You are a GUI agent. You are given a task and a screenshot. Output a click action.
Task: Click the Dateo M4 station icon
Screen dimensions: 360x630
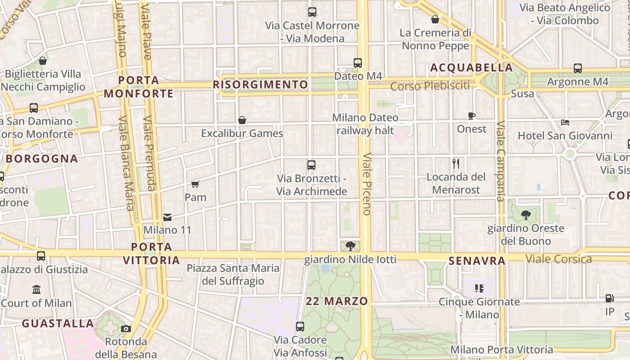pos(358,63)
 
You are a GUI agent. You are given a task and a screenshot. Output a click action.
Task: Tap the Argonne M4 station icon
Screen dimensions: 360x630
pos(578,68)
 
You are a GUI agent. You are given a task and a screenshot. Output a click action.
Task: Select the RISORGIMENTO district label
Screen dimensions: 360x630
pos(261,85)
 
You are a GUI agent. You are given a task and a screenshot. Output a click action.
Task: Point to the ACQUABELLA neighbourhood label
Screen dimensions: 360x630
pos(472,68)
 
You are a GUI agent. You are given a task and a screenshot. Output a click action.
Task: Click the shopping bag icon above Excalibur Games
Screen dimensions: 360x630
pos(242,120)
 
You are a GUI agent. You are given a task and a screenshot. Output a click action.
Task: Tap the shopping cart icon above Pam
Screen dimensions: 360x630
pos(195,184)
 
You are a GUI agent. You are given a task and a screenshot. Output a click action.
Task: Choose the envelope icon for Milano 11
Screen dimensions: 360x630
pos(167,217)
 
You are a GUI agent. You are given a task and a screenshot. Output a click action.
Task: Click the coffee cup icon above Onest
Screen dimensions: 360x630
pos(472,116)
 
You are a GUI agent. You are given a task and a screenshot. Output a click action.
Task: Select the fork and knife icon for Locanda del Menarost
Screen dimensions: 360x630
pos(456,164)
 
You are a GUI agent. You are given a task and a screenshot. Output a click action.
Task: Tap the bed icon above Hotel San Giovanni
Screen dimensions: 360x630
pos(565,122)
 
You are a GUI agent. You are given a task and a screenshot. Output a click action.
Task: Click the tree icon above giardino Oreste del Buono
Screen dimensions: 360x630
pos(526,215)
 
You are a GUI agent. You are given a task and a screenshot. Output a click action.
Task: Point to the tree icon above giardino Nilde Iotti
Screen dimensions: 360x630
pos(351,246)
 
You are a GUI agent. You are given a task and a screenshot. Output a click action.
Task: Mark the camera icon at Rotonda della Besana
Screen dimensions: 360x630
pos(126,328)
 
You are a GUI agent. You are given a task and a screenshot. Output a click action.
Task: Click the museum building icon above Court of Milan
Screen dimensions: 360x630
pos(36,289)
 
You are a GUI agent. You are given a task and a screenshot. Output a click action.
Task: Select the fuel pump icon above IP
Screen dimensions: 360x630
pos(609,298)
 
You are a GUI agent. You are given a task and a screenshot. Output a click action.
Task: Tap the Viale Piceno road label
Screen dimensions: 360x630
pos(367,184)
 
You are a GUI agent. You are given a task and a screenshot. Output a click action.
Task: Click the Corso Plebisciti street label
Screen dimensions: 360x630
pos(430,85)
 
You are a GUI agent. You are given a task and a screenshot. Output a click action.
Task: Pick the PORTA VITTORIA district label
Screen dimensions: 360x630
pos(152,253)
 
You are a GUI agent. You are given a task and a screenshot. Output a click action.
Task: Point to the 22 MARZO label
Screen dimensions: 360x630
pos(337,301)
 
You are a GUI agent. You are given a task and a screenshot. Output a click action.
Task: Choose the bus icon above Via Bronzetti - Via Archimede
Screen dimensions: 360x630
pos(311,165)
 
